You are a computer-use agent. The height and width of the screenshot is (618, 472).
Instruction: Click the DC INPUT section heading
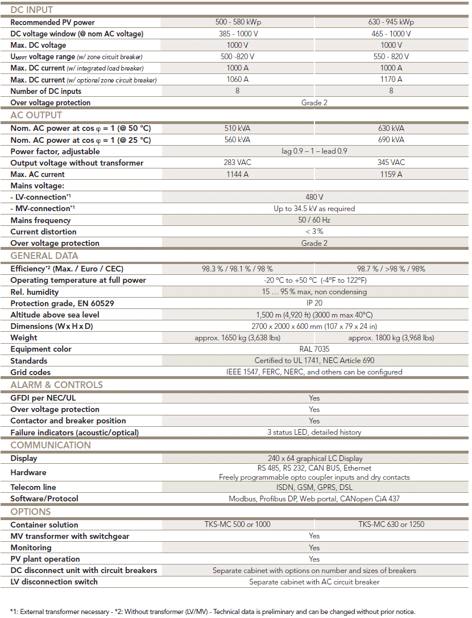[x=32, y=10]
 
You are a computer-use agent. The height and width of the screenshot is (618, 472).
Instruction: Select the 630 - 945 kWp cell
[x=391, y=22]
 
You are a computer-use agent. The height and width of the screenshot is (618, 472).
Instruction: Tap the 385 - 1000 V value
[x=237, y=34]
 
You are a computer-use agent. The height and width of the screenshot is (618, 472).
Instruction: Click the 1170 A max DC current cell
[x=391, y=80]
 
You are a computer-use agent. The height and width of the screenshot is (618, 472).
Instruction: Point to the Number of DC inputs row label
[x=46, y=91]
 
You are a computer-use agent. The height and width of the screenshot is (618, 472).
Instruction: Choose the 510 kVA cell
[x=237, y=128]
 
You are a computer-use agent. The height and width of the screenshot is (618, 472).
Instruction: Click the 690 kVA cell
[x=391, y=139]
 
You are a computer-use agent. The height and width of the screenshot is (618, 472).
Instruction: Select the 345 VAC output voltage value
[x=391, y=163]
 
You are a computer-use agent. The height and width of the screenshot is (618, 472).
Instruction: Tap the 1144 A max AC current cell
[x=237, y=174]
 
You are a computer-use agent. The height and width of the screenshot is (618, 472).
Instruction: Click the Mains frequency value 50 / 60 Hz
[x=314, y=220]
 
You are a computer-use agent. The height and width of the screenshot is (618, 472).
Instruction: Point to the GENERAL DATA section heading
[x=44, y=256]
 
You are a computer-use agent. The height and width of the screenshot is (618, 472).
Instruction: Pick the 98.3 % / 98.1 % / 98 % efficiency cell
[x=237, y=269]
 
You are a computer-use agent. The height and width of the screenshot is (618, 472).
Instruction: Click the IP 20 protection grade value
[x=314, y=303]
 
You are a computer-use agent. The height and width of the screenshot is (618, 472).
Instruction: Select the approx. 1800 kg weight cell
[x=391, y=337]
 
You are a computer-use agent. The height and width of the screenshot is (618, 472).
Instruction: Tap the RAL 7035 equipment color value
[x=314, y=349]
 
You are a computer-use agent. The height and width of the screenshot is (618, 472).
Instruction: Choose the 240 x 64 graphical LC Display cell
[x=314, y=458]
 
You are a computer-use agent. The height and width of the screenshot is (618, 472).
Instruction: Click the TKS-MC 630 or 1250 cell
[x=391, y=524]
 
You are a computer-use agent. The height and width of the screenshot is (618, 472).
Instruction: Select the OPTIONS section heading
[x=31, y=512]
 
